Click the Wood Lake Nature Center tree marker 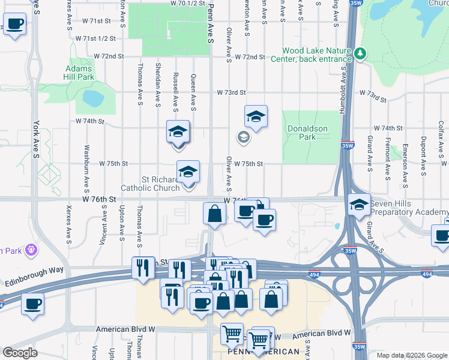[360, 54]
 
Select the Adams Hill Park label [79, 73]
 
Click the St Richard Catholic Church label [151, 184]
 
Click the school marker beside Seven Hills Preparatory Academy [359, 205]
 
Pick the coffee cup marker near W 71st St [15, 25]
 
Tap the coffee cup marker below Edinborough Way [32, 304]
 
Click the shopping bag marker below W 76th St [215, 214]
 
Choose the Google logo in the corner [20, 353]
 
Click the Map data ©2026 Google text [411, 355]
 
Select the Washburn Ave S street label [87, 163]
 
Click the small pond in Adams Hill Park [94, 98]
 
